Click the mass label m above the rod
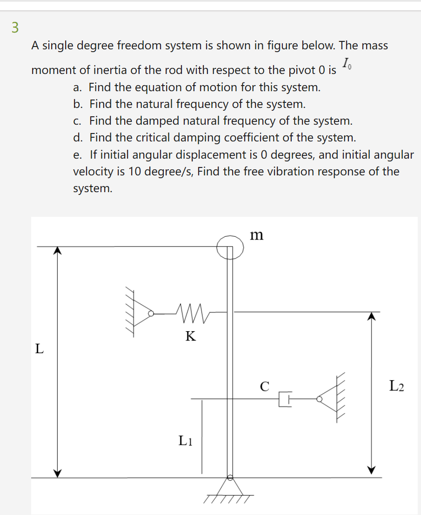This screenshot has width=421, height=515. click(x=256, y=235)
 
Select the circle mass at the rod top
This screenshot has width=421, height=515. click(x=230, y=247)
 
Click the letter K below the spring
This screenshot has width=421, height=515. click(x=190, y=336)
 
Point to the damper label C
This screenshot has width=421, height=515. click(x=264, y=386)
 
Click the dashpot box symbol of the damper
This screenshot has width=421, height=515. click(x=284, y=399)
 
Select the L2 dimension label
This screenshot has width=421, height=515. click(x=396, y=386)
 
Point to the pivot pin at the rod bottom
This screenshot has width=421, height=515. click(x=229, y=477)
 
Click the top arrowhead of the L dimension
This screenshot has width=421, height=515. click(x=57, y=250)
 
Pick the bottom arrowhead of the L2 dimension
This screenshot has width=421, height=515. click(x=371, y=470)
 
